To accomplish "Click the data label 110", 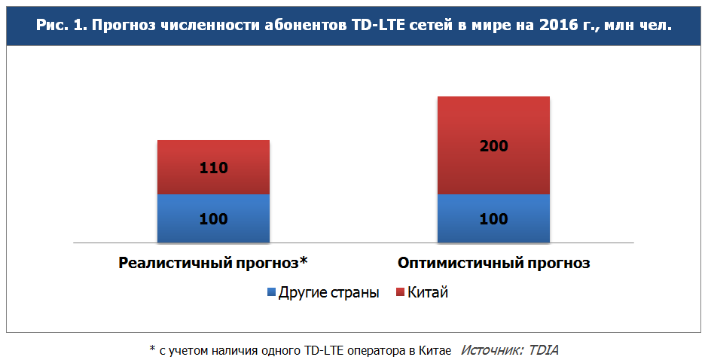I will click(x=213, y=168).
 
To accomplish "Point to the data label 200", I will click(x=493, y=147).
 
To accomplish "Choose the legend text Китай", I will click(x=428, y=292).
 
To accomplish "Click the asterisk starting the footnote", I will click(x=152, y=349).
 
